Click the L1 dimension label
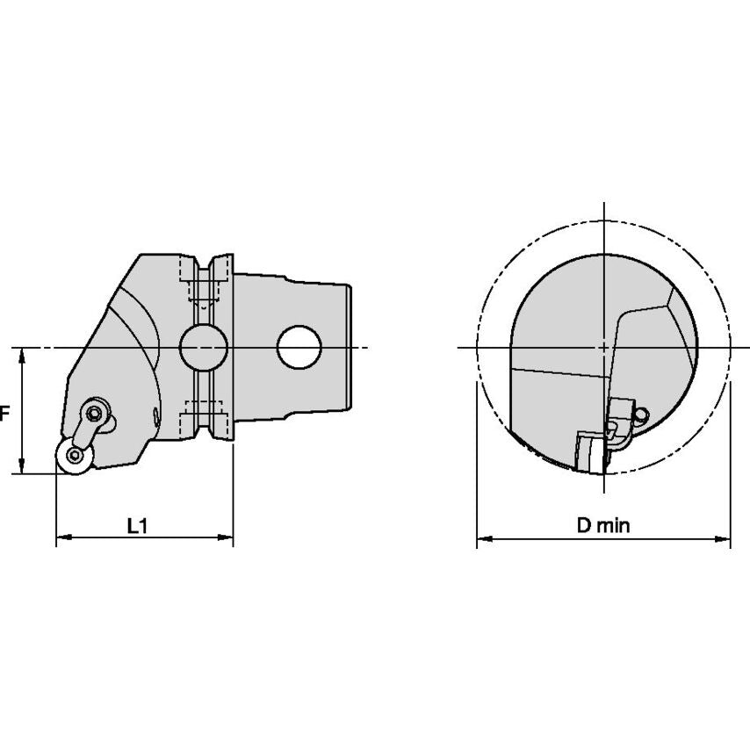tap(137, 526)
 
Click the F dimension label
tap(4, 414)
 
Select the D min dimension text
tap(603, 526)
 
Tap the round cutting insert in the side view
tap(74, 455)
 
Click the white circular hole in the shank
tap(299, 347)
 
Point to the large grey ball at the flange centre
tap(203, 348)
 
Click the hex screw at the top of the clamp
tap(95, 412)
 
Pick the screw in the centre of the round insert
tap(74, 455)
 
